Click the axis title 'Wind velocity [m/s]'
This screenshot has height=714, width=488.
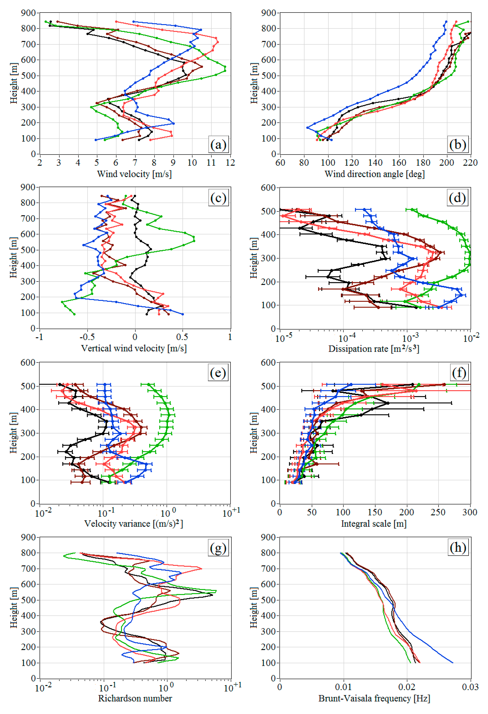(x=134, y=174)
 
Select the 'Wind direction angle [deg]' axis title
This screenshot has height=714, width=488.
(x=375, y=174)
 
